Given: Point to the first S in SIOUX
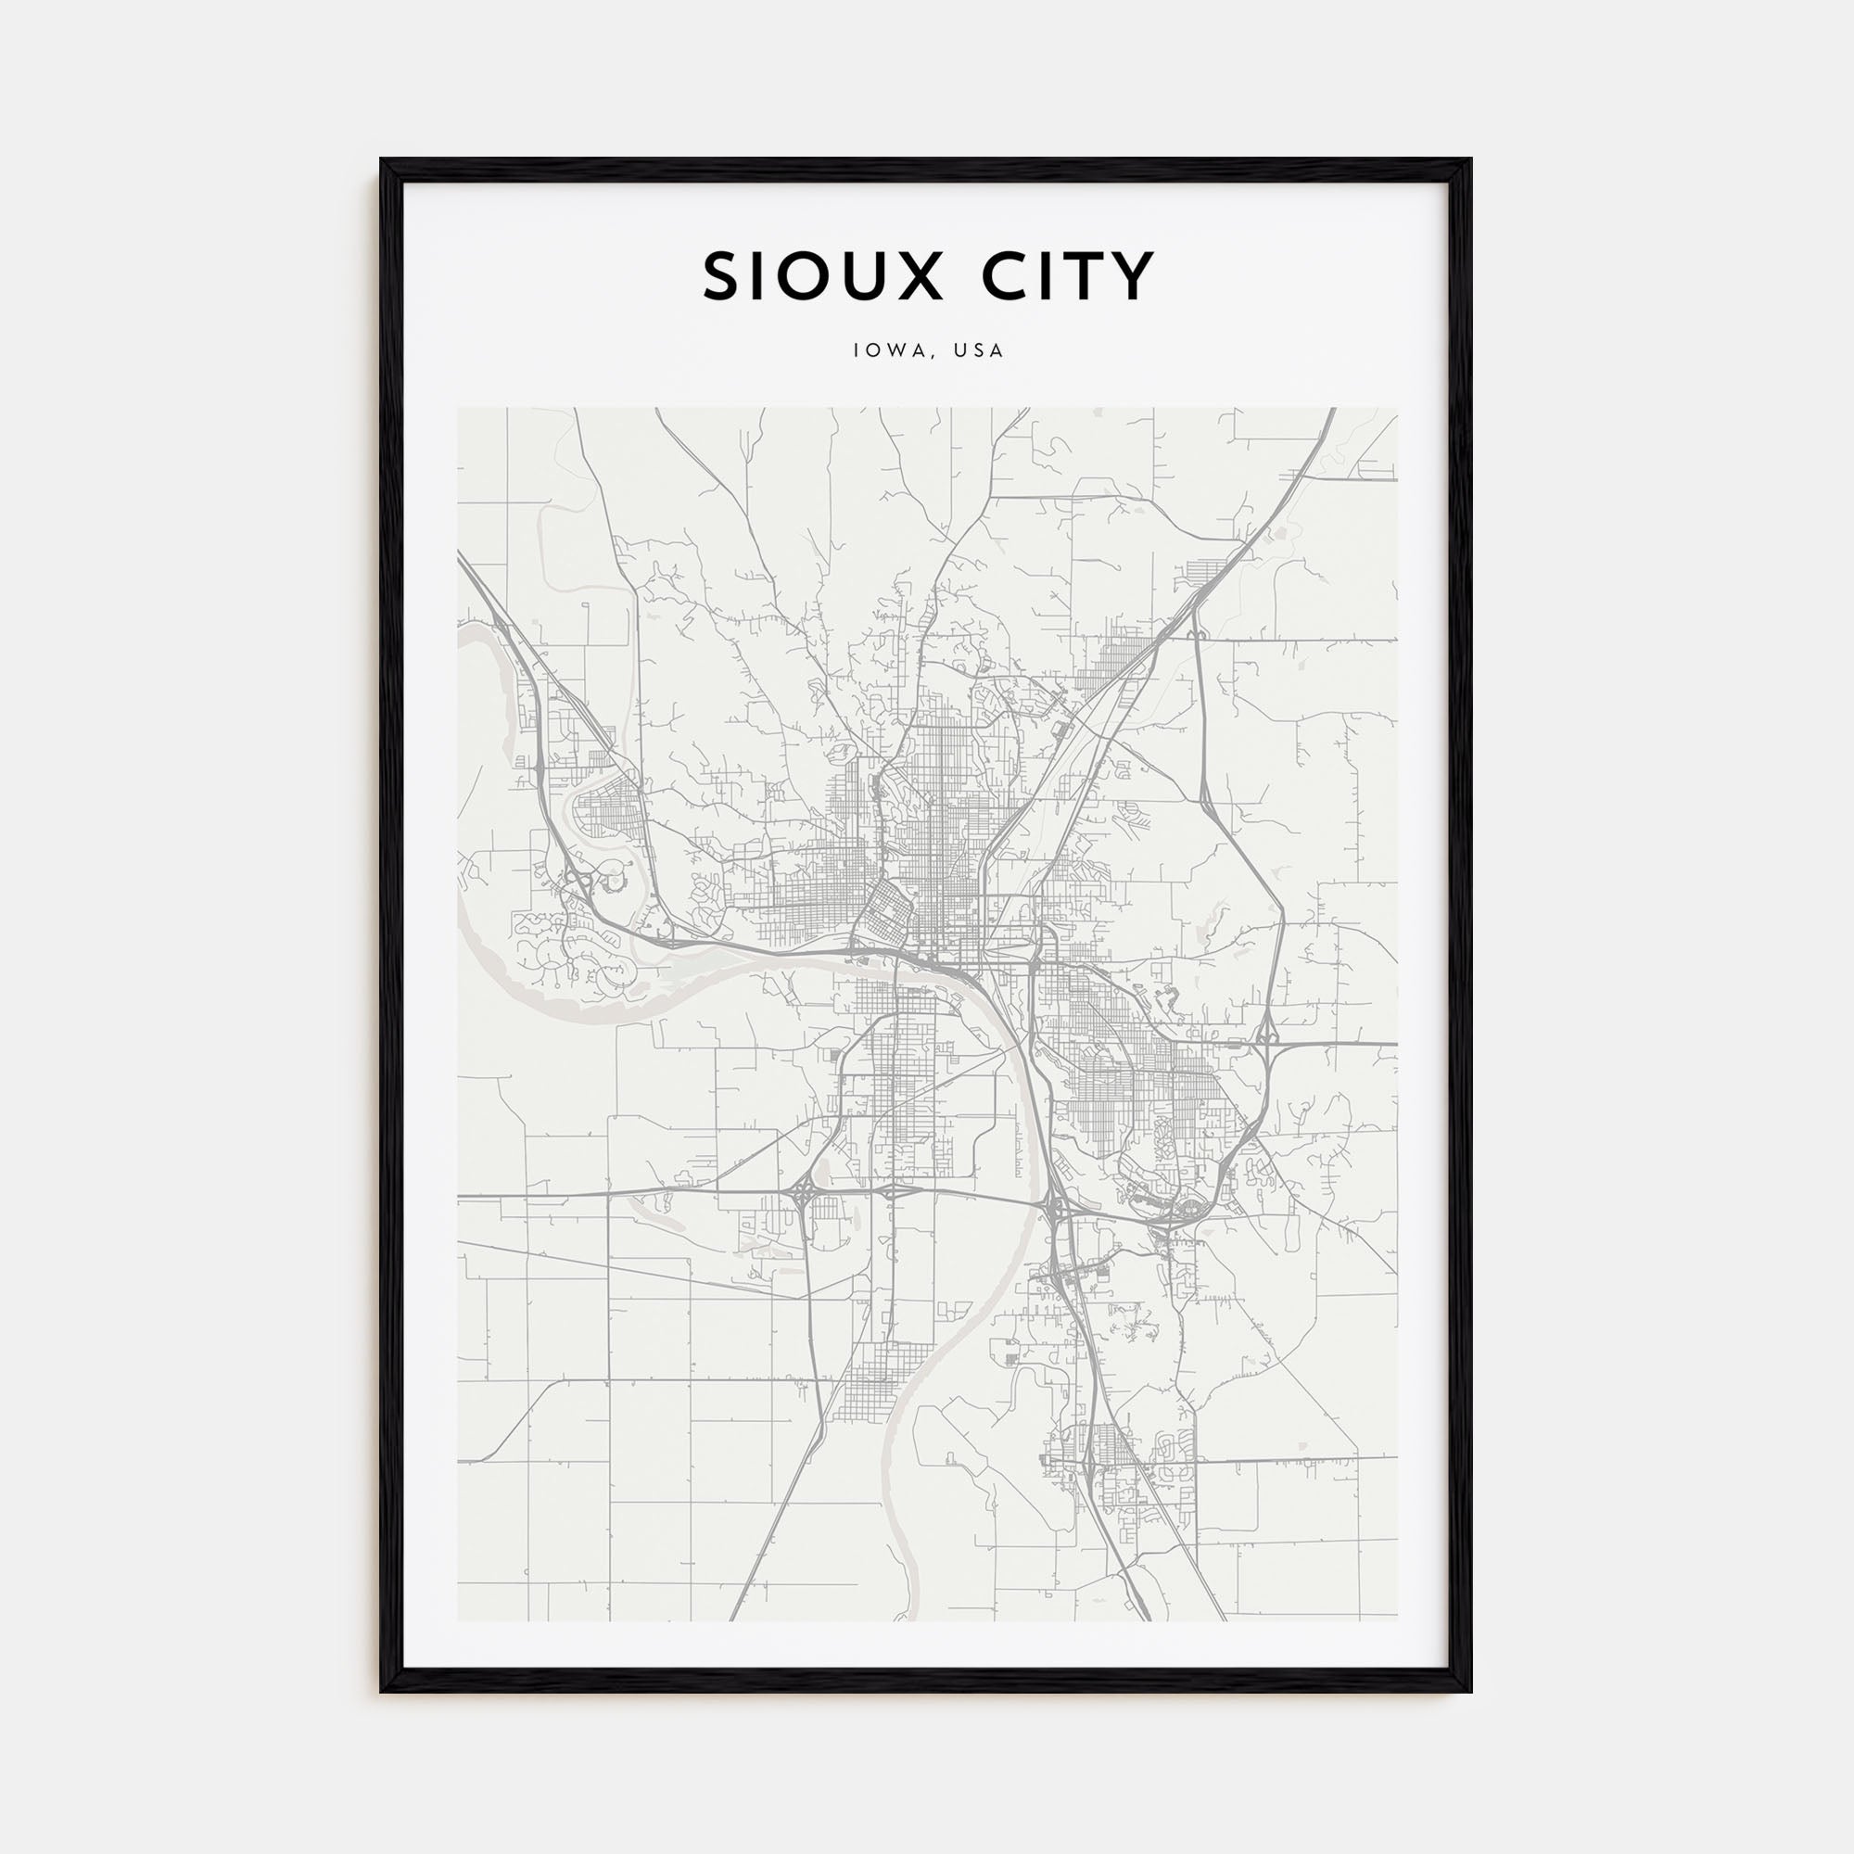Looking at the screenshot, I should pyautogui.click(x=721, y=276).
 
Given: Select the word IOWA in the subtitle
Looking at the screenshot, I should pyautogui.click(x=883, y=351).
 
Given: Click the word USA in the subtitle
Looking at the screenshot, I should pyautogui.click(x=979, y=351).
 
